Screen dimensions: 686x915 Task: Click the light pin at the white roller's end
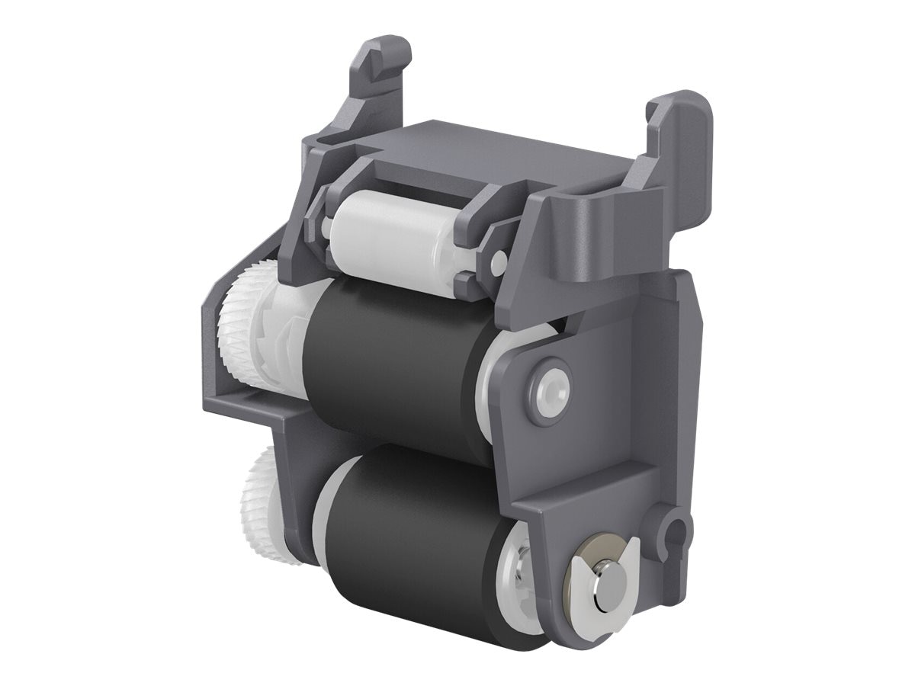point(498,262)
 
